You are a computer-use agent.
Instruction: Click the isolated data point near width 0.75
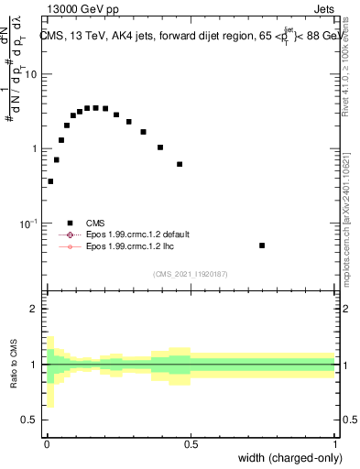[262, 245]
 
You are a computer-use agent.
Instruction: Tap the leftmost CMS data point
[50, 181]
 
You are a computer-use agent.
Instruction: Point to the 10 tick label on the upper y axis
[30, 74]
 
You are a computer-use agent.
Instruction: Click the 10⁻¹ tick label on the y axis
[28, 224]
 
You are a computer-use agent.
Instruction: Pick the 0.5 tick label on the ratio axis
[29, 420]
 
